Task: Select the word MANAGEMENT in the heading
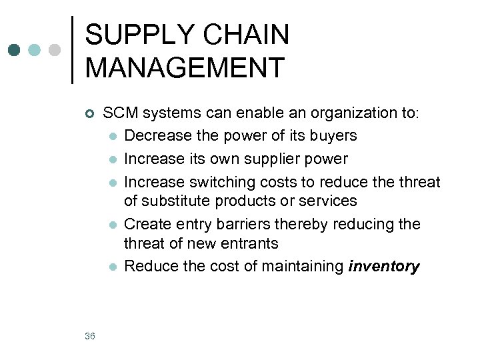pos(185,67)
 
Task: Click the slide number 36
pos(90,336)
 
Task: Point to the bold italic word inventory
pos(384,267)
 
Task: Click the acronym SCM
pos(120,113)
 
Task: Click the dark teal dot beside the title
pos(15,50)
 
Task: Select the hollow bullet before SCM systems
pos(90,113)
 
